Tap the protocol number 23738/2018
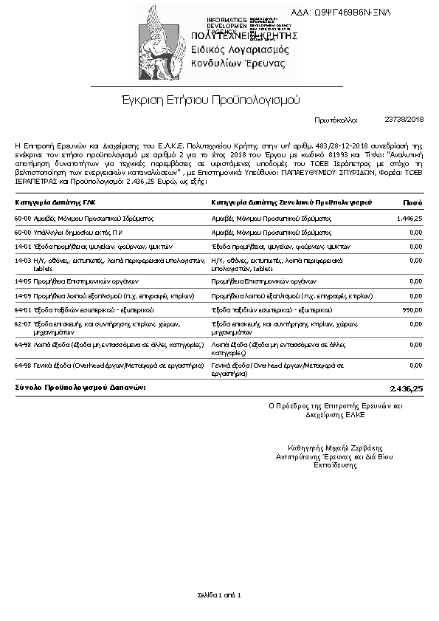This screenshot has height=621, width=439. (x=404, y=119)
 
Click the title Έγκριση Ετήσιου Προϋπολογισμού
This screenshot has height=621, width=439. (x=210, y=99)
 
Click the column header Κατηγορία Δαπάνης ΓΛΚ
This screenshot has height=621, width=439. (x=55, y=202)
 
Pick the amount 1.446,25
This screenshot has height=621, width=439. (x=409, y=219)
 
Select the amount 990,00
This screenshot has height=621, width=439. (x=411, y=309)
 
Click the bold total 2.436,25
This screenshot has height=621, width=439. (x=406, y=388)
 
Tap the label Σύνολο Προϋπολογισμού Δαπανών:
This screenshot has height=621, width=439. (x=80, y=387)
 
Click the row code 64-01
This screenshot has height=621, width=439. (x=23, y=309)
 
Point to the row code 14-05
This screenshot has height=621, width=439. (x=23, y=281)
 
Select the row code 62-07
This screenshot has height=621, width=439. (x=23, y=323)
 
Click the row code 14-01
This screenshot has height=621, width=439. (x=23, y=246)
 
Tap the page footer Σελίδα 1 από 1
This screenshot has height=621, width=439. (x=219, y=595)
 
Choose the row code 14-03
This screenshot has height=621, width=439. (x=23, y=260)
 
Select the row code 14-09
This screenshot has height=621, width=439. (x=23, y=295)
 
